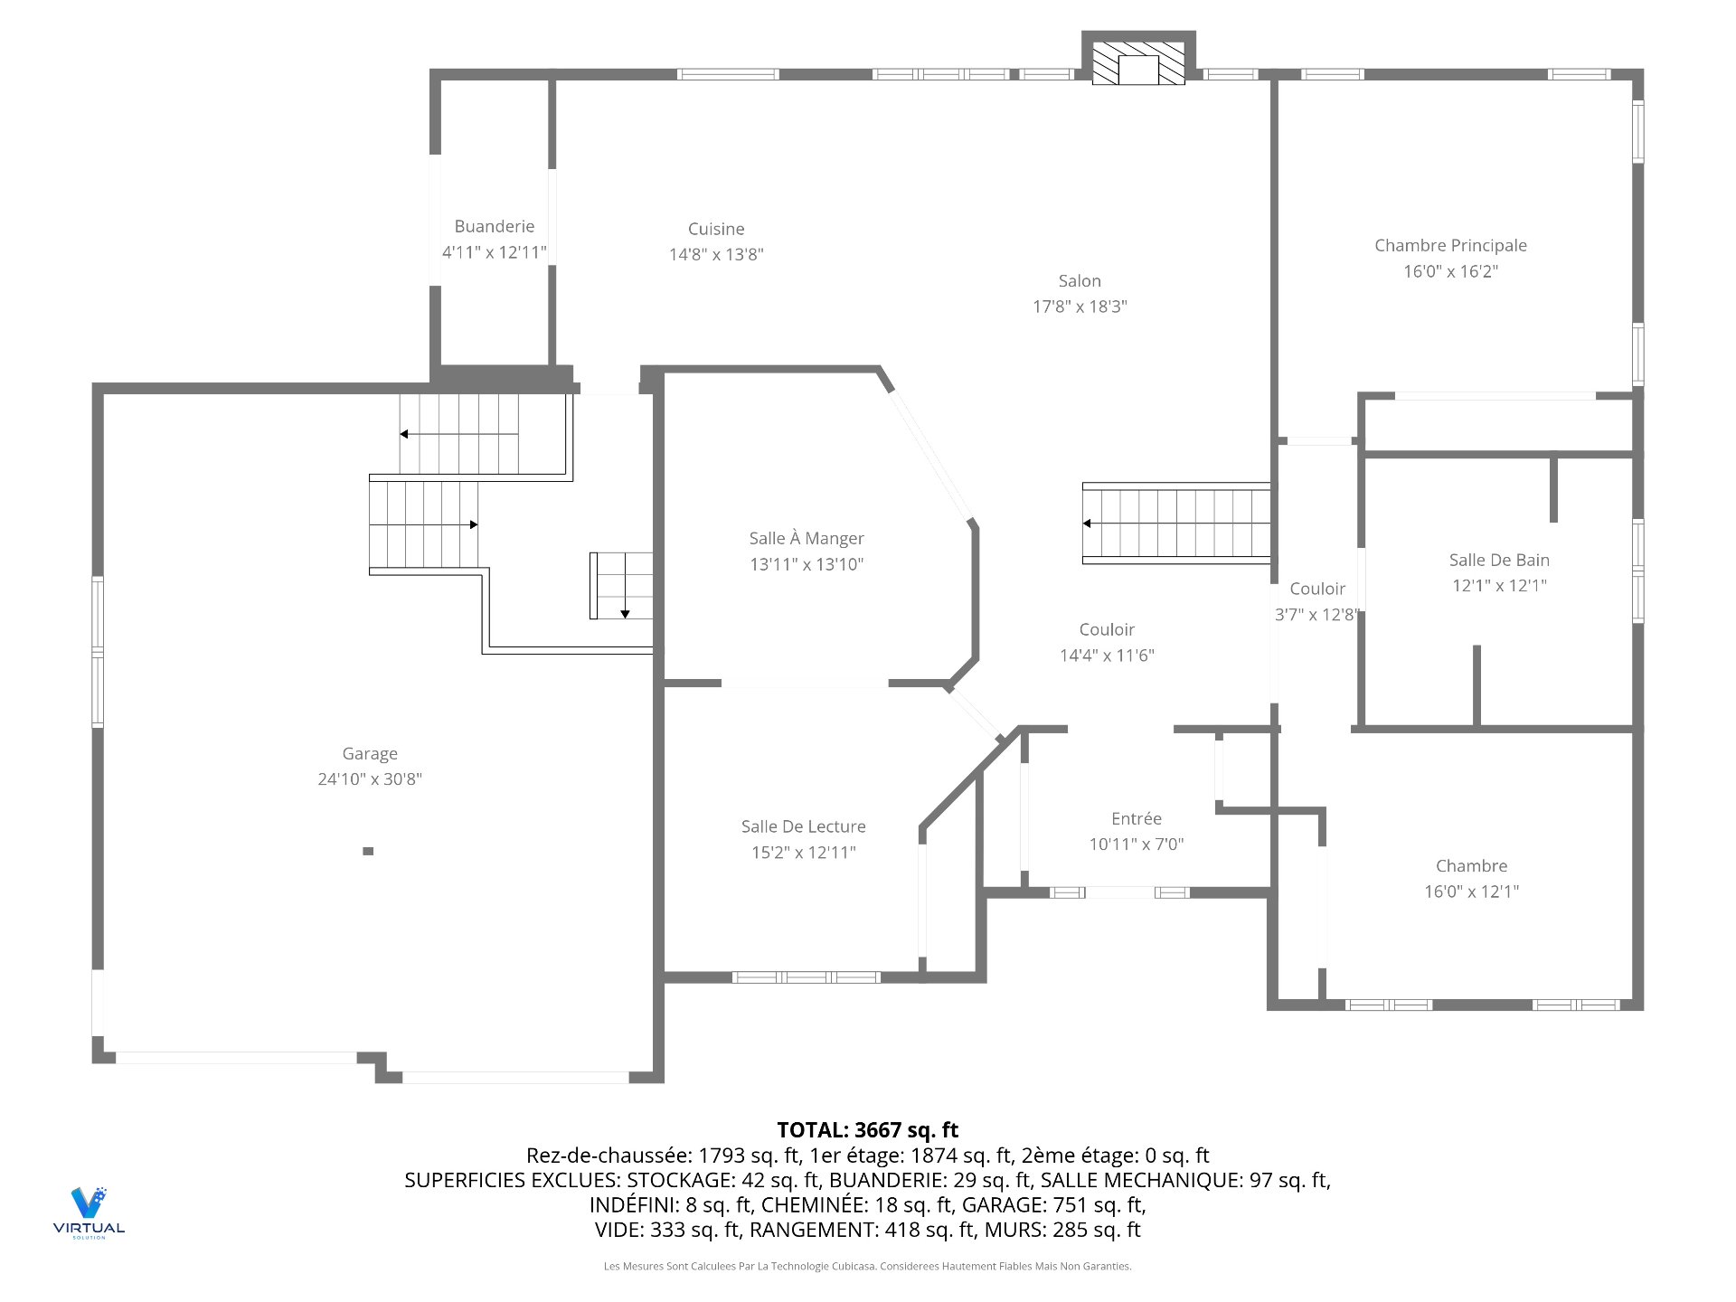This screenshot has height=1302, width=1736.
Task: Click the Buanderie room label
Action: click(494, 226)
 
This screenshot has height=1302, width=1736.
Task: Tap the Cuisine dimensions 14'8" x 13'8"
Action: click(716, 255)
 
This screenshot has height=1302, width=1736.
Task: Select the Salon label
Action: click(1080, 281)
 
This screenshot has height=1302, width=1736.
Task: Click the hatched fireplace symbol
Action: click(1138, 62)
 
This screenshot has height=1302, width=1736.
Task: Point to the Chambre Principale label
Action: click(1450, 246)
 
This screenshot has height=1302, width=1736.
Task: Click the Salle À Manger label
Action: click(807, 539)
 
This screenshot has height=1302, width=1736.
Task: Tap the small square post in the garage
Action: click(368, 851)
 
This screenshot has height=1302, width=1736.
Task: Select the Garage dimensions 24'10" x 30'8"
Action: click(370, 779)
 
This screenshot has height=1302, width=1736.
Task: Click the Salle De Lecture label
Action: click(803, 826)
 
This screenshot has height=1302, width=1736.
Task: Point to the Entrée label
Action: click(1136, 818)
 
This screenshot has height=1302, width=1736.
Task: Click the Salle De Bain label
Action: click(1498, 561)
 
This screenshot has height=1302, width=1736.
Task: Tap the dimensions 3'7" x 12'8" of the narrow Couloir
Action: click(1316, 615)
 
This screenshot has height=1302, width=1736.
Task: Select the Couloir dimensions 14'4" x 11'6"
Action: click(1107, 656)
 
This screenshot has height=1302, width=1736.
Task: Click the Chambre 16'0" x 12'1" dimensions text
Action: click(1471, 892)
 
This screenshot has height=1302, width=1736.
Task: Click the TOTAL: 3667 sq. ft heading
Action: click(867, 1130)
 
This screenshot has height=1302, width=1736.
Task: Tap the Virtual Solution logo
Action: click(89, 1212)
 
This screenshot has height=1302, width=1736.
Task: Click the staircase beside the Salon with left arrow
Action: click(1175, 524)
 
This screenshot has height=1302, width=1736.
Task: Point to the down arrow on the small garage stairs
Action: click(625, 613)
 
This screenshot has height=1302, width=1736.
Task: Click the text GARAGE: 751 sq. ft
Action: click(1054, 1205)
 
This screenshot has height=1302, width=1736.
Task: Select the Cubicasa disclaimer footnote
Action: click(867, 1267)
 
